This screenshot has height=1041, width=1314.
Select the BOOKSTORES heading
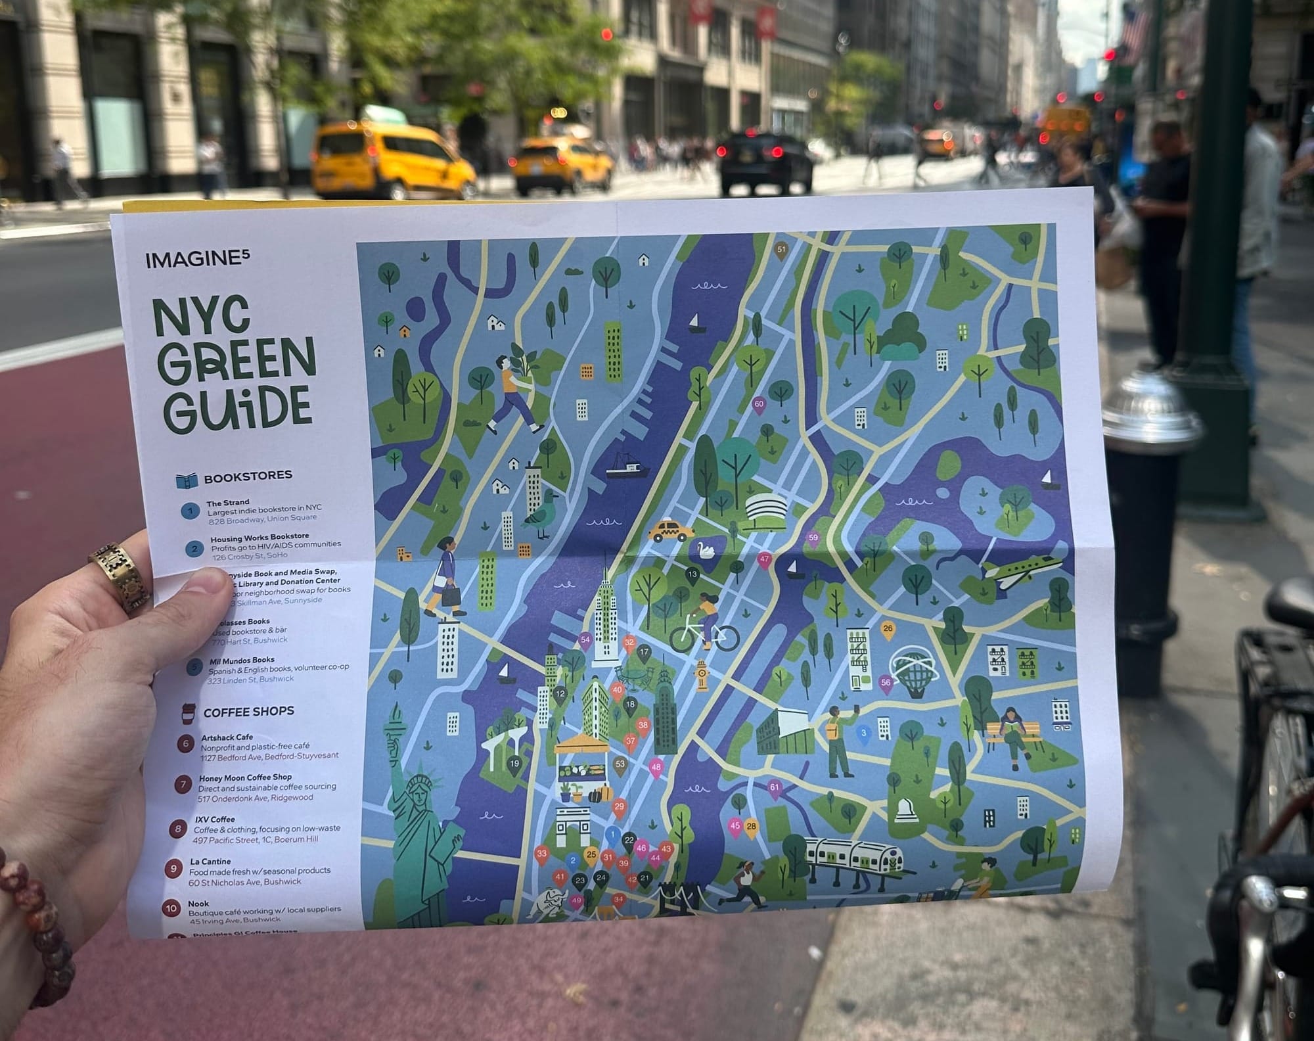248,476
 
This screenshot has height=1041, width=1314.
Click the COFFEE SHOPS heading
248,712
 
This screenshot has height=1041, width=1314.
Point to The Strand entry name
228,502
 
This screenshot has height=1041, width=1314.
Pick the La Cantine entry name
210,861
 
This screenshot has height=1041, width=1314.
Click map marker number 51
781,250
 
